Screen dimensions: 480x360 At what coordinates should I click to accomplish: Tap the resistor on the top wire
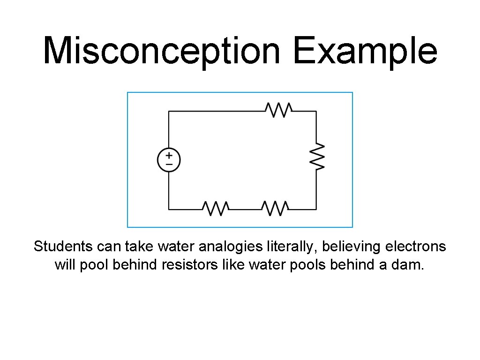tap(279, 111)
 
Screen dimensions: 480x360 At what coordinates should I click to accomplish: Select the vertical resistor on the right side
tap(316, 157)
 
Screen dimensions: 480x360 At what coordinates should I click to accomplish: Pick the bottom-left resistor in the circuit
tap(215, 209)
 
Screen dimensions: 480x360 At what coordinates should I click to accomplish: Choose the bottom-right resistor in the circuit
tap(275, 209)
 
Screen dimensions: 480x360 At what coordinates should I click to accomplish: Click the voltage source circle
tap(169, 160)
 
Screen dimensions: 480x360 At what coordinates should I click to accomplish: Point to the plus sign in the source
tap(169, 155)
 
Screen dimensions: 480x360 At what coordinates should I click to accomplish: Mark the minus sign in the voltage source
tap(169, 165)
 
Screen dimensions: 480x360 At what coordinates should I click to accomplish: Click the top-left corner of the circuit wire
tap(169, 111)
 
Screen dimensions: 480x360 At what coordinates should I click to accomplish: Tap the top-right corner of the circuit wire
tap(316, 111)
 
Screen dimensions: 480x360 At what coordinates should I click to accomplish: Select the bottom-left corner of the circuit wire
tap(169, 209)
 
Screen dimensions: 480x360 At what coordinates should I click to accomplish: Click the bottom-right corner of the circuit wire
tap(316, 209)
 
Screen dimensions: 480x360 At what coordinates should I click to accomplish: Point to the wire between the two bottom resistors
tap(245, 209)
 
